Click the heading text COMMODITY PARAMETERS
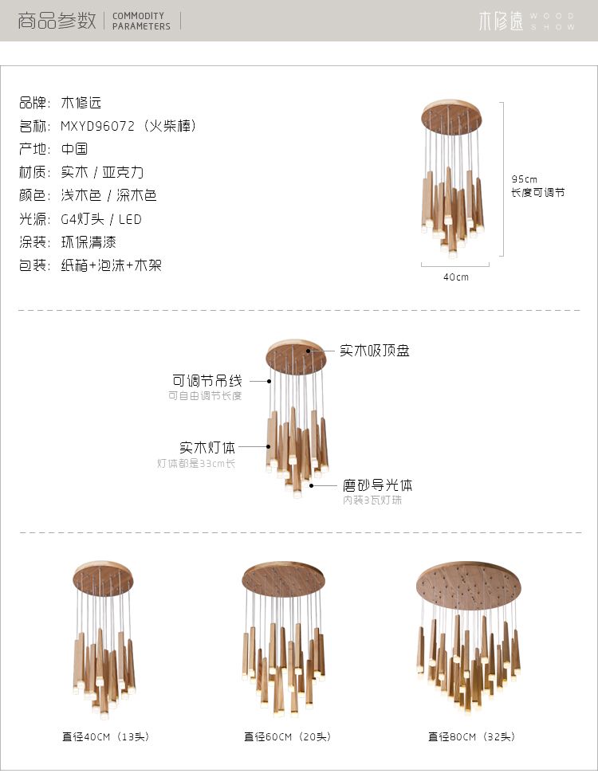[141, 21]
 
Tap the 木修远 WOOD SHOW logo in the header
[526, 21]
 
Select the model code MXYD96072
[98, 126]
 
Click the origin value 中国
[74, 149]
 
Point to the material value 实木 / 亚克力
[102, 172]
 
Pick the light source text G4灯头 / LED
[101, 218]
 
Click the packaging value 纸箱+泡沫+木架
[112, 265]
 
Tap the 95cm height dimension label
[524, 179]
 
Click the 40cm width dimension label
[456, 277]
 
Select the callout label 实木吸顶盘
[375, 351]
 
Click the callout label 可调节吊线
[207, 381]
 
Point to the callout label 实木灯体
[207, 447]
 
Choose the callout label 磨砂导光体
[377, 485]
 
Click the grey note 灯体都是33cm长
[196, 463]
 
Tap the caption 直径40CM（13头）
[105, 736]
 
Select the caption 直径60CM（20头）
[288, 736]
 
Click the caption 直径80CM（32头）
[471, 736]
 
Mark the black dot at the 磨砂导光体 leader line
[312, 485]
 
